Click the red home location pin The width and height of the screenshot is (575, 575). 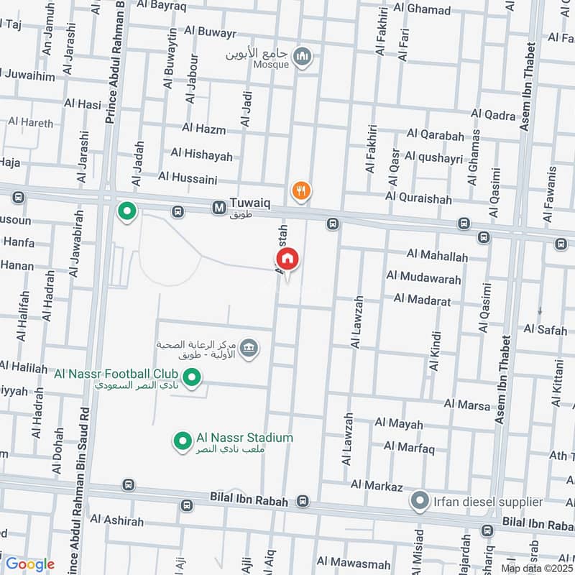click(x=287, y=259)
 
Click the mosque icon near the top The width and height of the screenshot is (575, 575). click(x=304, y=57)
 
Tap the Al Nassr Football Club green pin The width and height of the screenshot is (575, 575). click(x=191, y=377)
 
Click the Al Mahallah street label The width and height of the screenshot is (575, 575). click(x=437, y=255)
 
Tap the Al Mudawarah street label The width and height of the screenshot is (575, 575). click(x=422, y=275)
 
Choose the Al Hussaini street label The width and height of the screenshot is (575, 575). click(x=188, y=176)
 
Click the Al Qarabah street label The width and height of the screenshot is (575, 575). click(x=435, y=134)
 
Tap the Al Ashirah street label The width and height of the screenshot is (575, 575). click(x=117, y=520)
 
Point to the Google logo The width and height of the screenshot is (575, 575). click(x=29, y=564)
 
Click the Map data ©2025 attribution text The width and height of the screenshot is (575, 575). click(x=537, y=569)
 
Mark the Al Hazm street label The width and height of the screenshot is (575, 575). click(x=203, y=129)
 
